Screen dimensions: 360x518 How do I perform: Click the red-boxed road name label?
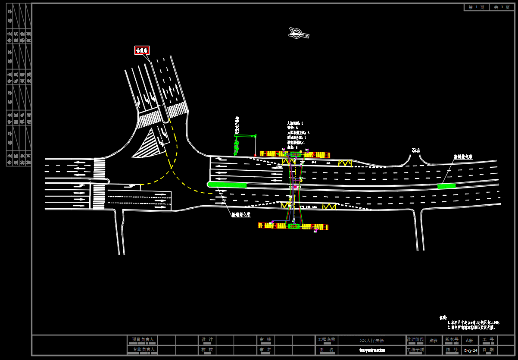(x=142, y=50)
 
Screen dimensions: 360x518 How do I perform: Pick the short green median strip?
(x=446, y=186)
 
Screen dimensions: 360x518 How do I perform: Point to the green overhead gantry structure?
(x=245, y=136)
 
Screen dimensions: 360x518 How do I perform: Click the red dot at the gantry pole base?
(x=255, y=155)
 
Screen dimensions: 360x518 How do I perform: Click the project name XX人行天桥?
(x=371, y=341)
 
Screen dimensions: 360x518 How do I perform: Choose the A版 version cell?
(x=469, y=341)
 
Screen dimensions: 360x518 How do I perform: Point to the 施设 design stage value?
(x=434, y=341)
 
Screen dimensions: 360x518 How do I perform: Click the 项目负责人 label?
(x=143, y=339)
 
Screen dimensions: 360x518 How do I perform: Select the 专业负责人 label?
(x=143, y=349)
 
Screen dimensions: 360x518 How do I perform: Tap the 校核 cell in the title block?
(x=207, y=350)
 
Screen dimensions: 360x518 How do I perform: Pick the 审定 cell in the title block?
(x=265, y=350)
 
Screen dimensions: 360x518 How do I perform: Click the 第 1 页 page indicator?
(x=477, y=7)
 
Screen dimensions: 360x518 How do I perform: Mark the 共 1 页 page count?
(x=502, y=7)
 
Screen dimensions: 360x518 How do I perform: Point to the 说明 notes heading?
(x=443, y=318)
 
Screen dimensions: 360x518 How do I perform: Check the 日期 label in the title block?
(x=488, y=350)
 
